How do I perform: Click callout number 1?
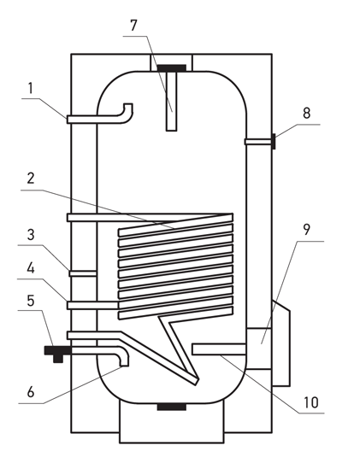[31, 88]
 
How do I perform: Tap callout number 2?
[31, 179]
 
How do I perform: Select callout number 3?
[31, 235]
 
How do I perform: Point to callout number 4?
[31, 268]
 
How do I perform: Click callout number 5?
[31, 301]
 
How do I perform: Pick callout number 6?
[31, 392]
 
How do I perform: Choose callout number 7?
[134, 25]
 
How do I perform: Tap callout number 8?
[307, 113]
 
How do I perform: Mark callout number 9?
[307, 230]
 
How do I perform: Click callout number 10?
[311, 402]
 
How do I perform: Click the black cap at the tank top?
[171, 68]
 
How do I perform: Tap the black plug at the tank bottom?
[171, 407]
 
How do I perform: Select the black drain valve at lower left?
[57, 353]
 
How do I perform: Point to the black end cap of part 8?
[274, 142]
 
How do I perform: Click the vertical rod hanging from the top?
[171, 102]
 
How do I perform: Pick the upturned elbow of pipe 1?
[127, 112]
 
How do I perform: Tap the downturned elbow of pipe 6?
[122, 356]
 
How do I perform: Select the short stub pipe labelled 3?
[83, 273]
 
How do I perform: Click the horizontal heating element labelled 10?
[219, 349]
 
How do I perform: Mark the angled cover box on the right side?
[281, 343]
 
